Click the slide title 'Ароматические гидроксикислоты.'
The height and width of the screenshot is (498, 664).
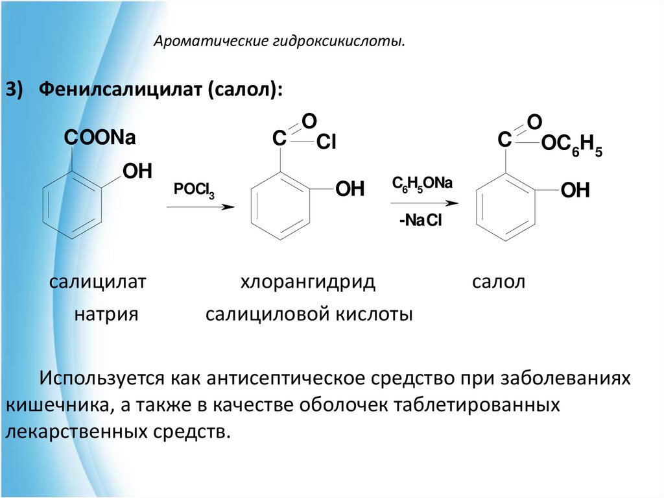click(x=279, y=43)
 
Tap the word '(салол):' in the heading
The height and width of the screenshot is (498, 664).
click(x=244, y=89)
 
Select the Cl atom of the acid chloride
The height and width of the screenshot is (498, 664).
click(x=326, y=143)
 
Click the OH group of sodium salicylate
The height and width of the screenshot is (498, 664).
click(x=137, y=171)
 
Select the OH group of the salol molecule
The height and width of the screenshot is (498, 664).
click(x=575, y=190)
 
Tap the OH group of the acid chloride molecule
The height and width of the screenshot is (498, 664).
click(x=350, y=190)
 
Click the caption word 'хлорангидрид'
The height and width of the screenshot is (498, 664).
click(x=308, y=282)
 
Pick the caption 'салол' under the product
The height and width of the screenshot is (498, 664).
click(x=498, y=282)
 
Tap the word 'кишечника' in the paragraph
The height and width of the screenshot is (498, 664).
click(x=57, y=405)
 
